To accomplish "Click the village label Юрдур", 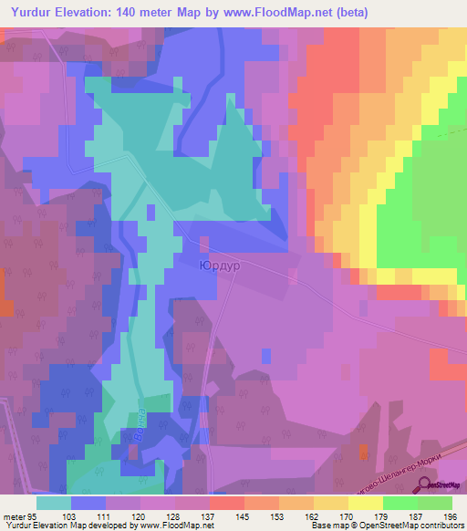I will click(x=216, y=266).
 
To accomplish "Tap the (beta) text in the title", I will click(x=388, y=13).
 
